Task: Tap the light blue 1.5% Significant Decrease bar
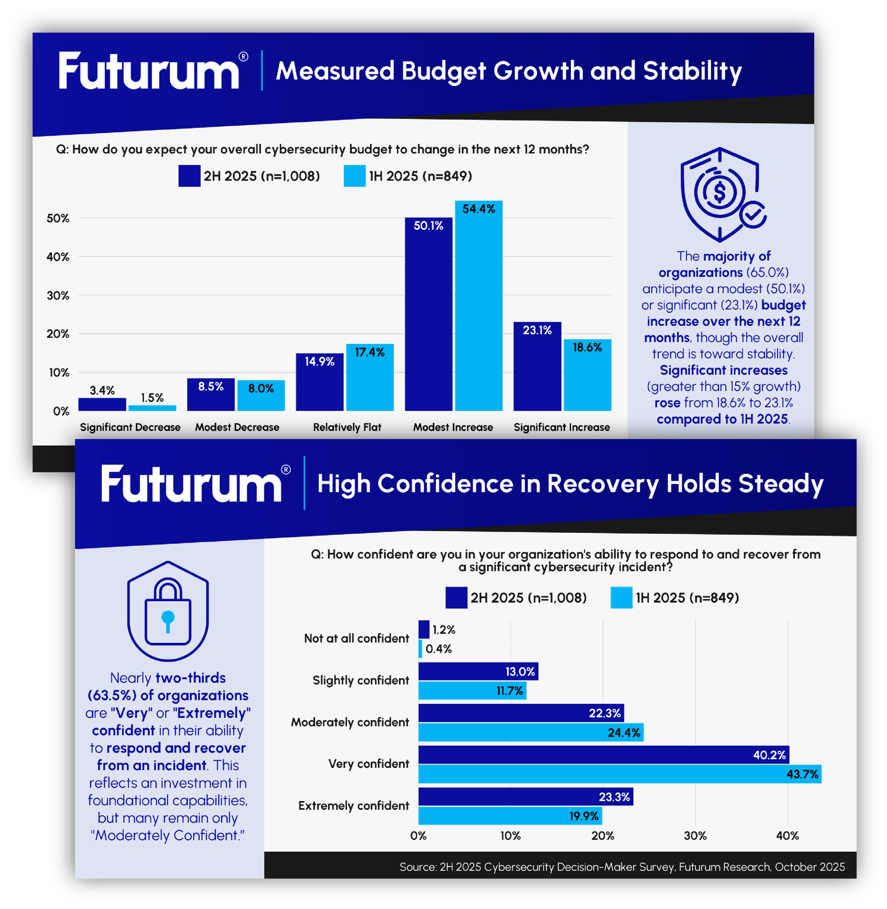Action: click(152, 408)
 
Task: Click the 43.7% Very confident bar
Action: click(620, 774)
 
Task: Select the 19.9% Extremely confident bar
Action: click(510, 816)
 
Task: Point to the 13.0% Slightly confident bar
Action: click(478, 671)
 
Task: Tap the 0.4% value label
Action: click(438, 649)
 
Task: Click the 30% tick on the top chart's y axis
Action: click(58, 296)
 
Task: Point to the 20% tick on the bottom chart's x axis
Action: click(603, 836)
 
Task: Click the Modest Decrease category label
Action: click(237, 427)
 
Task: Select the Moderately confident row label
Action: click(350, 722)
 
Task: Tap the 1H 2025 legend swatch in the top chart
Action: click(355, 176)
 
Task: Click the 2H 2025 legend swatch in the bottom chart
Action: click(456, 598)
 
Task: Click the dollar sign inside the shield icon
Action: click(719, 191)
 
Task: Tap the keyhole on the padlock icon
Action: click(168, 620)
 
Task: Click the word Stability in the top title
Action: click(692, 71)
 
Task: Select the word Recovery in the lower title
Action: click(603, 484)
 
